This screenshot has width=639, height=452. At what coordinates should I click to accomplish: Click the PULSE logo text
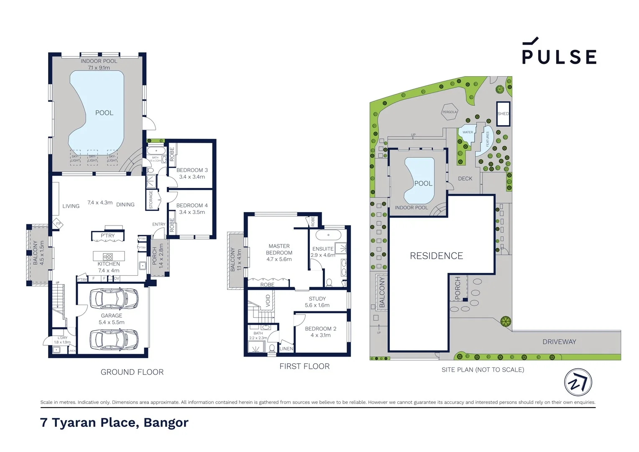(x=559, y=56)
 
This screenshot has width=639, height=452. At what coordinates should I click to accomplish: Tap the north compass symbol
(x=578, y=382)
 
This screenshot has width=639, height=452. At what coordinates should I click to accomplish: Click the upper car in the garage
(x=114, y=298)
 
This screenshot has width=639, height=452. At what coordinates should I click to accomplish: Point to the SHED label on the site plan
(x=503, y=114)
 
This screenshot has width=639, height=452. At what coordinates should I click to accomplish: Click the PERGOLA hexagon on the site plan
(x=450, y=112)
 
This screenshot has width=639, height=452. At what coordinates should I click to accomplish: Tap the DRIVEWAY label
(x=559, y=342)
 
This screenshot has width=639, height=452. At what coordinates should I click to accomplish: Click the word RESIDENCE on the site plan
(x=436, y=256)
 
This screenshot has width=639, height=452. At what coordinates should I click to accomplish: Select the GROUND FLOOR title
(x=132, y=372)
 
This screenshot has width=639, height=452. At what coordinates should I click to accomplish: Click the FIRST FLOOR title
(x=304, y=367)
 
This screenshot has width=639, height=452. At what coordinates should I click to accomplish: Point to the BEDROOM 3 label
(x=192, y=170)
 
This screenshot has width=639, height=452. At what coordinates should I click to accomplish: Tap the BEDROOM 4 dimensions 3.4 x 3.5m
(x=192, y=212)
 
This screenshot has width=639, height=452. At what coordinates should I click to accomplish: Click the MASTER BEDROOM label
(x=279, y=249)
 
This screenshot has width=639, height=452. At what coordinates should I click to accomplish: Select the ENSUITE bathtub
(x=328, y=235)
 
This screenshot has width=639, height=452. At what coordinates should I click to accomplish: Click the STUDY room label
(x=317, y=299)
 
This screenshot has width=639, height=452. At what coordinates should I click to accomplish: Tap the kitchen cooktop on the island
(x=108, y=257)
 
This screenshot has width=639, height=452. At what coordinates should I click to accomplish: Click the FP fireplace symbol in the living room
(x=59, y=224)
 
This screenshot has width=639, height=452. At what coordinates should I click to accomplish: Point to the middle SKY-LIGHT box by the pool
(x=92, y=158)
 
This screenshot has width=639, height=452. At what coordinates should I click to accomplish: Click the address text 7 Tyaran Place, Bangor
(x=114, y=423)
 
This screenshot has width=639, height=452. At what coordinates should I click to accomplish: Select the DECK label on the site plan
(x=465, y=179)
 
